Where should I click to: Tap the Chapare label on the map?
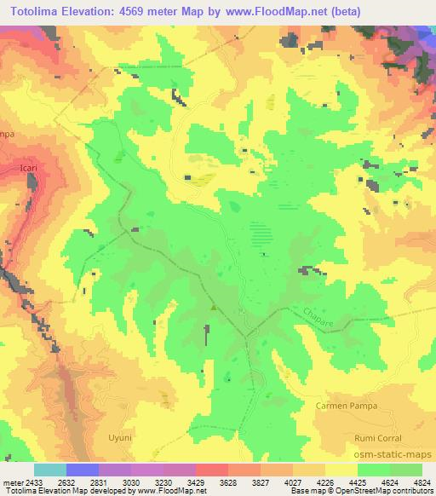(x=318, y=320)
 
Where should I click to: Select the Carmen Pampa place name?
(x=346, y=407)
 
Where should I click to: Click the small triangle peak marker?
(x=213, y=308)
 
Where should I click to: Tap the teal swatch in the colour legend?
(x=49, y=470)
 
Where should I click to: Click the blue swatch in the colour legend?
(x=82, y=470)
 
